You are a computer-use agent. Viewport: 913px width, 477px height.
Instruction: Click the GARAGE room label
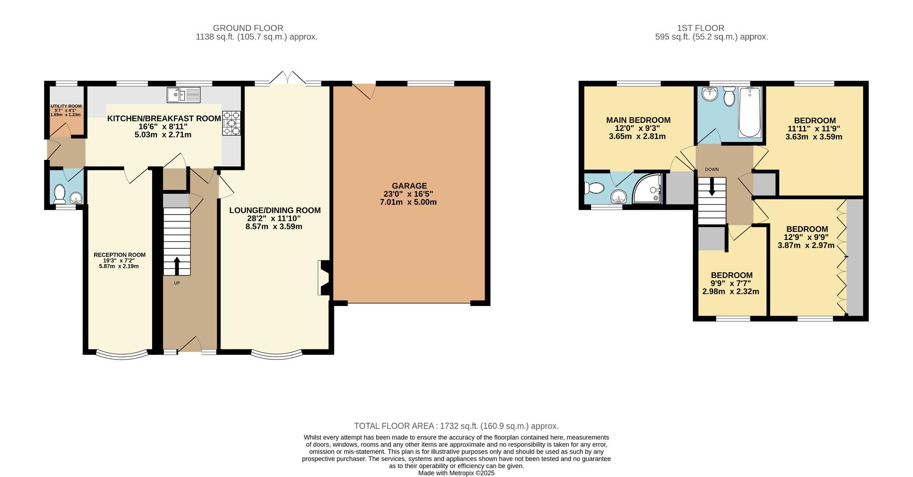coord(409,186)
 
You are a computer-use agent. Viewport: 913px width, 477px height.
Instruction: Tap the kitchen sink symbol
coord(183,94)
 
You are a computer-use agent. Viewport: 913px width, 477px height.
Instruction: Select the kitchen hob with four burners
coord(232,123)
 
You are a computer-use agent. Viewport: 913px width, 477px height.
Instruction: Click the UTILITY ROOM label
coord(66,106)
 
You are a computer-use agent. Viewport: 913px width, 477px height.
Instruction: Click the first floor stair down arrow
coord(712,187)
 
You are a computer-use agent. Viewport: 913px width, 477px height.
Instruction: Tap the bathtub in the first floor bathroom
coord(750,113)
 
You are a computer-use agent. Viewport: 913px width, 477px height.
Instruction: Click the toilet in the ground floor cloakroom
coord(60,194)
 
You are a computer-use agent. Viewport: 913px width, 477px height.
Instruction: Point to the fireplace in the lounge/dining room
coord(323,278)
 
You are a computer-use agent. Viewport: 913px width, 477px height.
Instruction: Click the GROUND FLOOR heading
coord(248,28)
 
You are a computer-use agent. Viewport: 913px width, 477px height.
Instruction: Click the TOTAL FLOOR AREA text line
coord(456,426)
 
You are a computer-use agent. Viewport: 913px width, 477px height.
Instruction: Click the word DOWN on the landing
coord(712,169)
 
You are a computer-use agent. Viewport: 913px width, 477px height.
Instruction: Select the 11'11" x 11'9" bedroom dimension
coord(814,129)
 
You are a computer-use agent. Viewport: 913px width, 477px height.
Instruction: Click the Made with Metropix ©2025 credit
coord(456,473)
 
